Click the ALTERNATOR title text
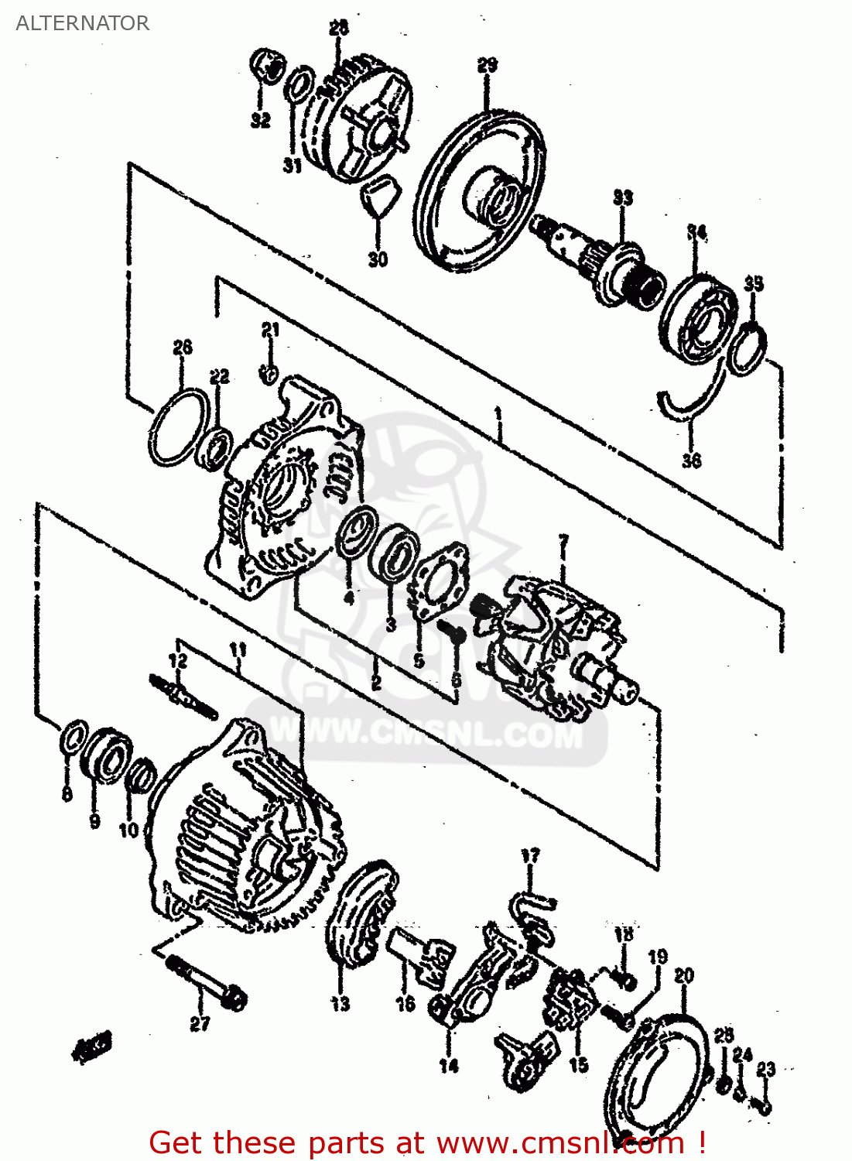(x=82, y=23)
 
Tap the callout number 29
(x=488, y=66)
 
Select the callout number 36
(x=691, y=461)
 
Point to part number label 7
(x=563, y=543)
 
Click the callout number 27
(x=200, y=1024)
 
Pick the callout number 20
(x=684, y=976)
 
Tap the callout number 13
(x=340, y=1004)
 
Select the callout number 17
(x=530, y=856)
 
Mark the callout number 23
(x=765, y=1069)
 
